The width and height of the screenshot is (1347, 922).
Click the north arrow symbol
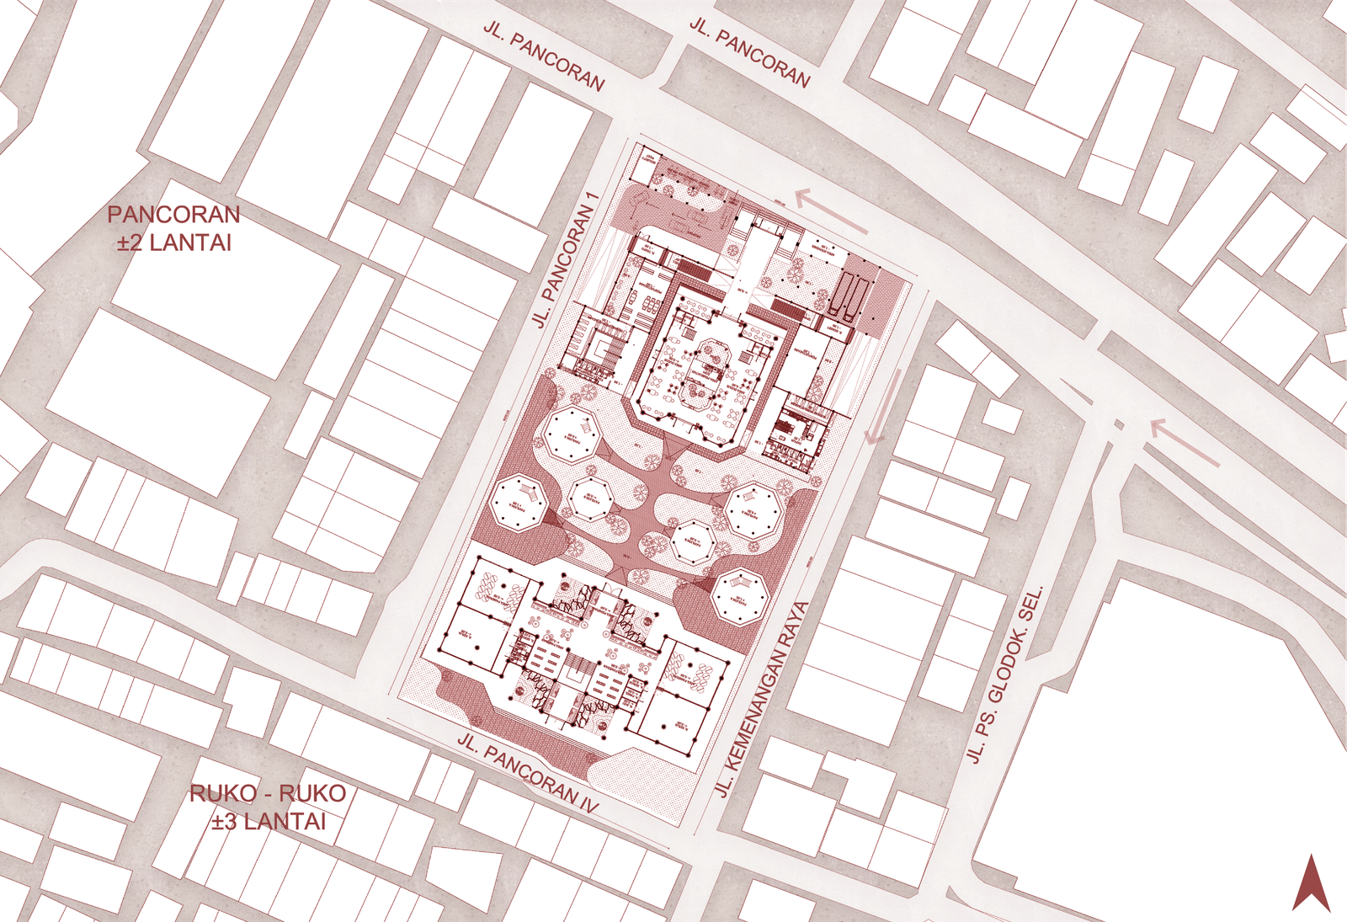click(1311, 883)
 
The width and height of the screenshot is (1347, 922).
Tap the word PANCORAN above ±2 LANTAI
click(173, 215)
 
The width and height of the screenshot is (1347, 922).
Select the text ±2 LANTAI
click(173, 243)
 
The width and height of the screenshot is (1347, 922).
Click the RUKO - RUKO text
click(268, 793)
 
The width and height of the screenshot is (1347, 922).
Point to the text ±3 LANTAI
click(268, 822)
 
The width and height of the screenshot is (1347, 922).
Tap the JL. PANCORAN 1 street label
click(565, 259)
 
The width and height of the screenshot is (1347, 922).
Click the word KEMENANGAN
click(748, 713)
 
